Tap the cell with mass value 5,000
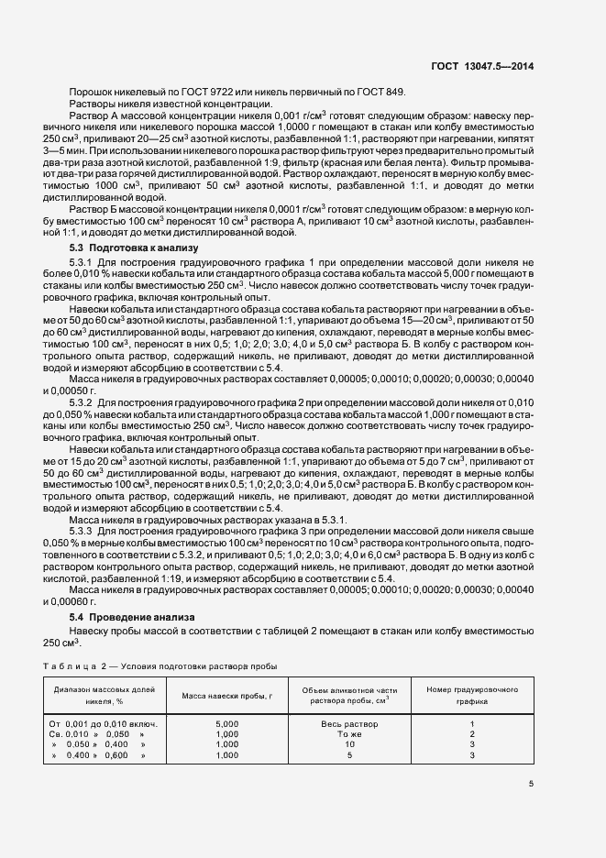click(226, 723)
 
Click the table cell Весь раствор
click(349, 723)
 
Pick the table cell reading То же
click(349, 734)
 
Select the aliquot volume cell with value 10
click(349, 744)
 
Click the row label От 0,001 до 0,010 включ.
click(103, 723)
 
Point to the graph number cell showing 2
click(471, 734)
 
